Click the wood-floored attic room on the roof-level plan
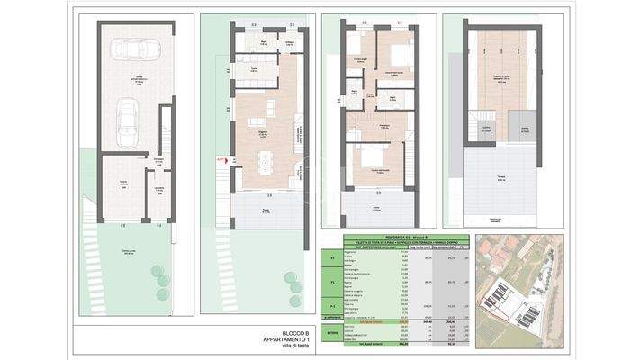tap(501, 76)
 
